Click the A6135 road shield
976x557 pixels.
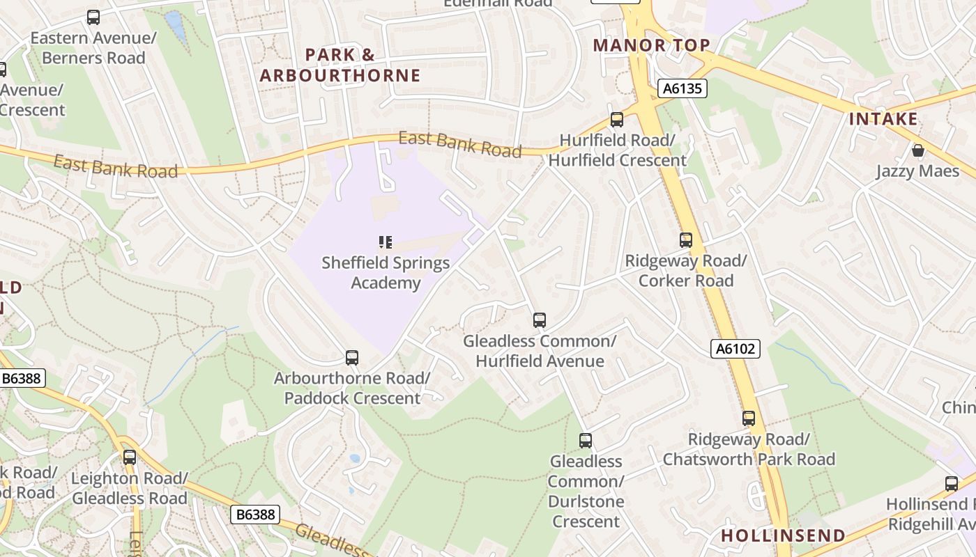pos(683,88)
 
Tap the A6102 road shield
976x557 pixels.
pos(735,349)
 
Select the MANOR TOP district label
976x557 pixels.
pos(651,45)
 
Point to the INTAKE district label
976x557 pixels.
pos(883,119)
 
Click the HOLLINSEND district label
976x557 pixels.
pos(783,535)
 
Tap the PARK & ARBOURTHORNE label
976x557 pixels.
pos(340,65)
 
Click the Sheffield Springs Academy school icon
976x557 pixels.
pos(386,242)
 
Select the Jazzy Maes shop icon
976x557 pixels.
pos(918,150)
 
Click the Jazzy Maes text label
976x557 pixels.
pos(917,171)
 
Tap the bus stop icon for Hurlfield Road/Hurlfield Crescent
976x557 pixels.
pos(617,120)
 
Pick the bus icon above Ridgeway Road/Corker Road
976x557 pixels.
pos(686,240)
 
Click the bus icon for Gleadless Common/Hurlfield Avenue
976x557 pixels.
pos(540,320)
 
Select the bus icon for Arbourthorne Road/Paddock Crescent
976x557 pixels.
pos(352,358)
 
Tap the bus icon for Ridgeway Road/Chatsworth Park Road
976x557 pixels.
pos(749,418)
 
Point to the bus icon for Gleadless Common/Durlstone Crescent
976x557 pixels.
pos(586,441)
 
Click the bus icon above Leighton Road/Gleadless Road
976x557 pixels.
pos(130,457)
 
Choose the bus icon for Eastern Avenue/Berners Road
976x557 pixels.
pos(93,17)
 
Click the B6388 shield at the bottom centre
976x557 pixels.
pos(255,515)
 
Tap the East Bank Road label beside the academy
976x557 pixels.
pos(459,143)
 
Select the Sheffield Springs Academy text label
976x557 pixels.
pos(386,273)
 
